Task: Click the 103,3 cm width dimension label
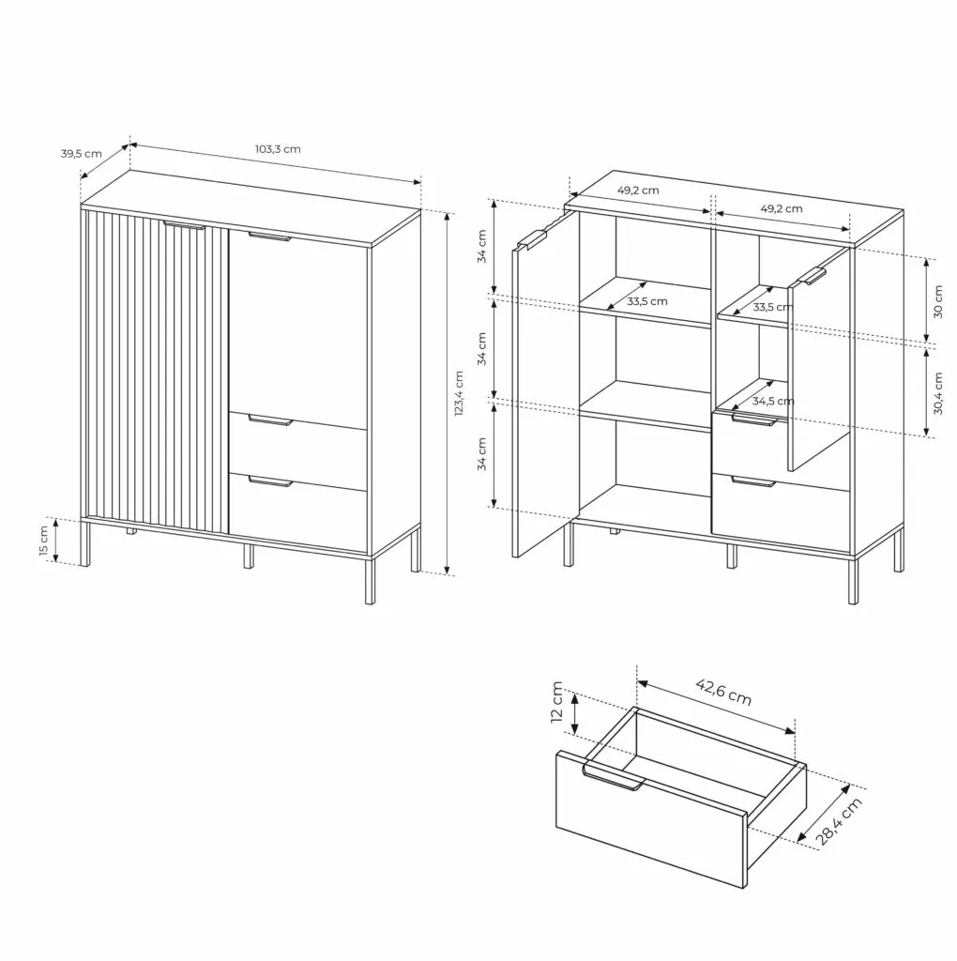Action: [x=278, y=149]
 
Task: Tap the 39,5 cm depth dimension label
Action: [x=81, y=153]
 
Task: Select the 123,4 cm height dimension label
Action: [x=459, y=393]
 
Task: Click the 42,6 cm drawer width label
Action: [x=723, y=692]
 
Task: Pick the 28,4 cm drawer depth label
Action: [x=839, y=821]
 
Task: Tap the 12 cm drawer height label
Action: [x=557, y=702]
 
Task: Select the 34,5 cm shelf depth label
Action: [x=773, y=402]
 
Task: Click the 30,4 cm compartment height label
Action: [x=938, y=393]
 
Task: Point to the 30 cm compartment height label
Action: [x=938, y=301]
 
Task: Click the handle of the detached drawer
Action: [x=614, y=777]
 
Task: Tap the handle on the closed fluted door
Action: [x=184, y=225]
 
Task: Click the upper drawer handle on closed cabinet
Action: [x=271, y=420]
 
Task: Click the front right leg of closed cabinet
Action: [x=370, y=580]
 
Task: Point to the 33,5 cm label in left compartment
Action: [x=647, y=301]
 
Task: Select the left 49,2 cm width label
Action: [x=638, y=190]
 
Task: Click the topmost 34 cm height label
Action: [x=482, y=247]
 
